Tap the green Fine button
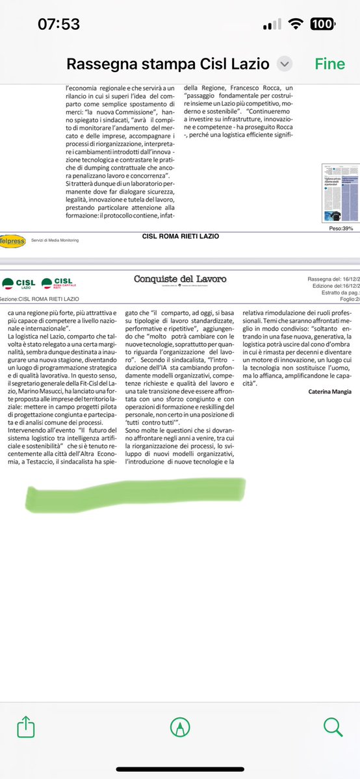point(330,64)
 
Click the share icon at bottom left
point(27,739)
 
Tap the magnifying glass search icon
point(333,739)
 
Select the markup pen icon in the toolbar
point(180,740)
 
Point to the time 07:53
point(58,24)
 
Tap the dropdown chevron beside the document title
point(284,64)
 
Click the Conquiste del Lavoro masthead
point(180,279)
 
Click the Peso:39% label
point(340,229)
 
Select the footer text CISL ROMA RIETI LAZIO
point(180,236)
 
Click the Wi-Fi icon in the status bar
point(298,24)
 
